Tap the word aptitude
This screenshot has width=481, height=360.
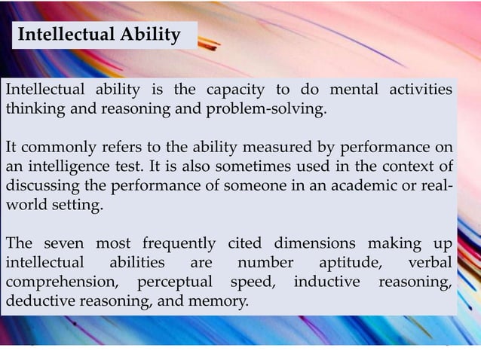(x=351, y=264)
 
